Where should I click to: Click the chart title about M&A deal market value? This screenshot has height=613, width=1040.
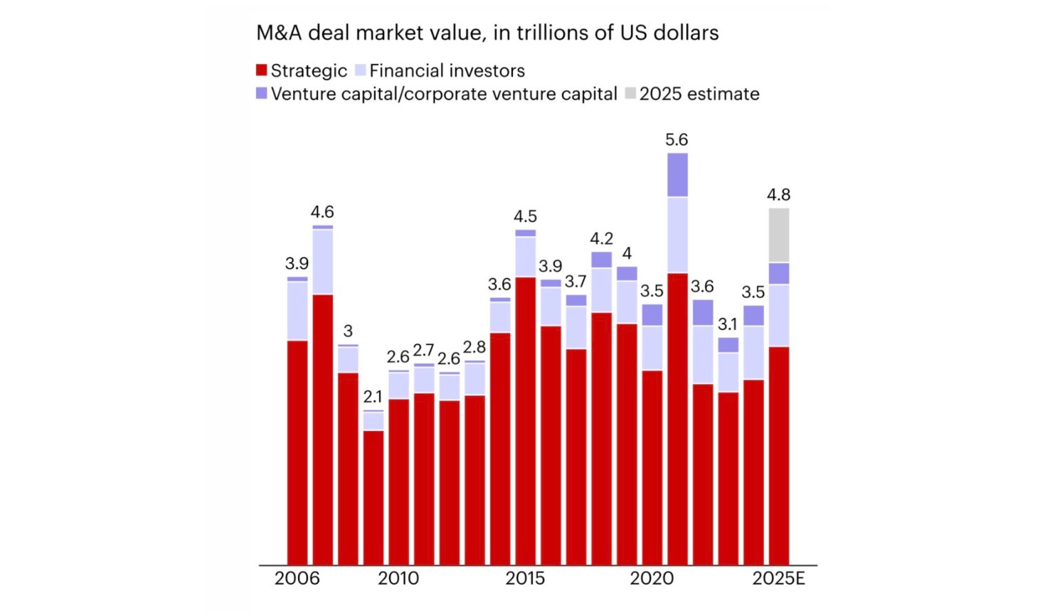point(487,33)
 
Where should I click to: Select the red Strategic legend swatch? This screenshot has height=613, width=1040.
point(262,70)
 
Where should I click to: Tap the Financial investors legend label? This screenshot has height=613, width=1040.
point(447,70)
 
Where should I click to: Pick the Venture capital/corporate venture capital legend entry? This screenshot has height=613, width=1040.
point(443,94)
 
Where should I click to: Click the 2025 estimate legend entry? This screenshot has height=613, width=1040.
point(699,94)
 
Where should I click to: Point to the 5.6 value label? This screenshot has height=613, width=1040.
point(676,139)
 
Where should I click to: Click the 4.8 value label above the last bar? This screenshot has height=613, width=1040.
point(778,194)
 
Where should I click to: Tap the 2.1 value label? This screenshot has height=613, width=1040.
point(373,396)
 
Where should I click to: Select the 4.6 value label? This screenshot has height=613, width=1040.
point(322,212)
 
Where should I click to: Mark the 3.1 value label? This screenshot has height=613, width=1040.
point(728,324)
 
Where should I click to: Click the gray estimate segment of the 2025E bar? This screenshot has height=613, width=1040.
point(779,235)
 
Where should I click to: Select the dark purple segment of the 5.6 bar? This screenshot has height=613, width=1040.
point(677,175)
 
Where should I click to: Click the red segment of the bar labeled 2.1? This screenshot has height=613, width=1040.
point(373,498)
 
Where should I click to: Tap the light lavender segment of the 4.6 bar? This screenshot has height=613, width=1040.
point(323,261)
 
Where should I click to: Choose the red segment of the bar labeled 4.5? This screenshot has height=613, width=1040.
point(526,420)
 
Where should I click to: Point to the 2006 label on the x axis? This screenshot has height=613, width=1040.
point(297,578)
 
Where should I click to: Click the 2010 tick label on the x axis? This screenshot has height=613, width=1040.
point(398,578)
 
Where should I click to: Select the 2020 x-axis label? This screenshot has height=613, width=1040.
point(652,578)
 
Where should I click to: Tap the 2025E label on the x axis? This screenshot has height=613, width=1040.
point(778,578)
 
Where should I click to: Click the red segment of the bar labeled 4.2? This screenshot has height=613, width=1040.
point(601,437)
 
